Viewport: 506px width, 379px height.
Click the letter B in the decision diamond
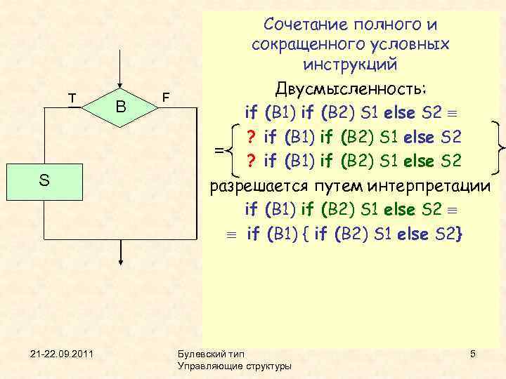coord(121,107)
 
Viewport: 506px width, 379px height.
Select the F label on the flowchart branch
coord(164,96)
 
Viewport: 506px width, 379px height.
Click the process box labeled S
coord(44,181)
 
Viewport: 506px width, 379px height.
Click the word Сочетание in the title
coord(304,25)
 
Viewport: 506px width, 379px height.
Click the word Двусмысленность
coord(356,90)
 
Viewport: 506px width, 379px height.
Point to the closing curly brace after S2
coord(459,234)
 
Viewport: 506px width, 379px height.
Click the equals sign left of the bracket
coord(219,149)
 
